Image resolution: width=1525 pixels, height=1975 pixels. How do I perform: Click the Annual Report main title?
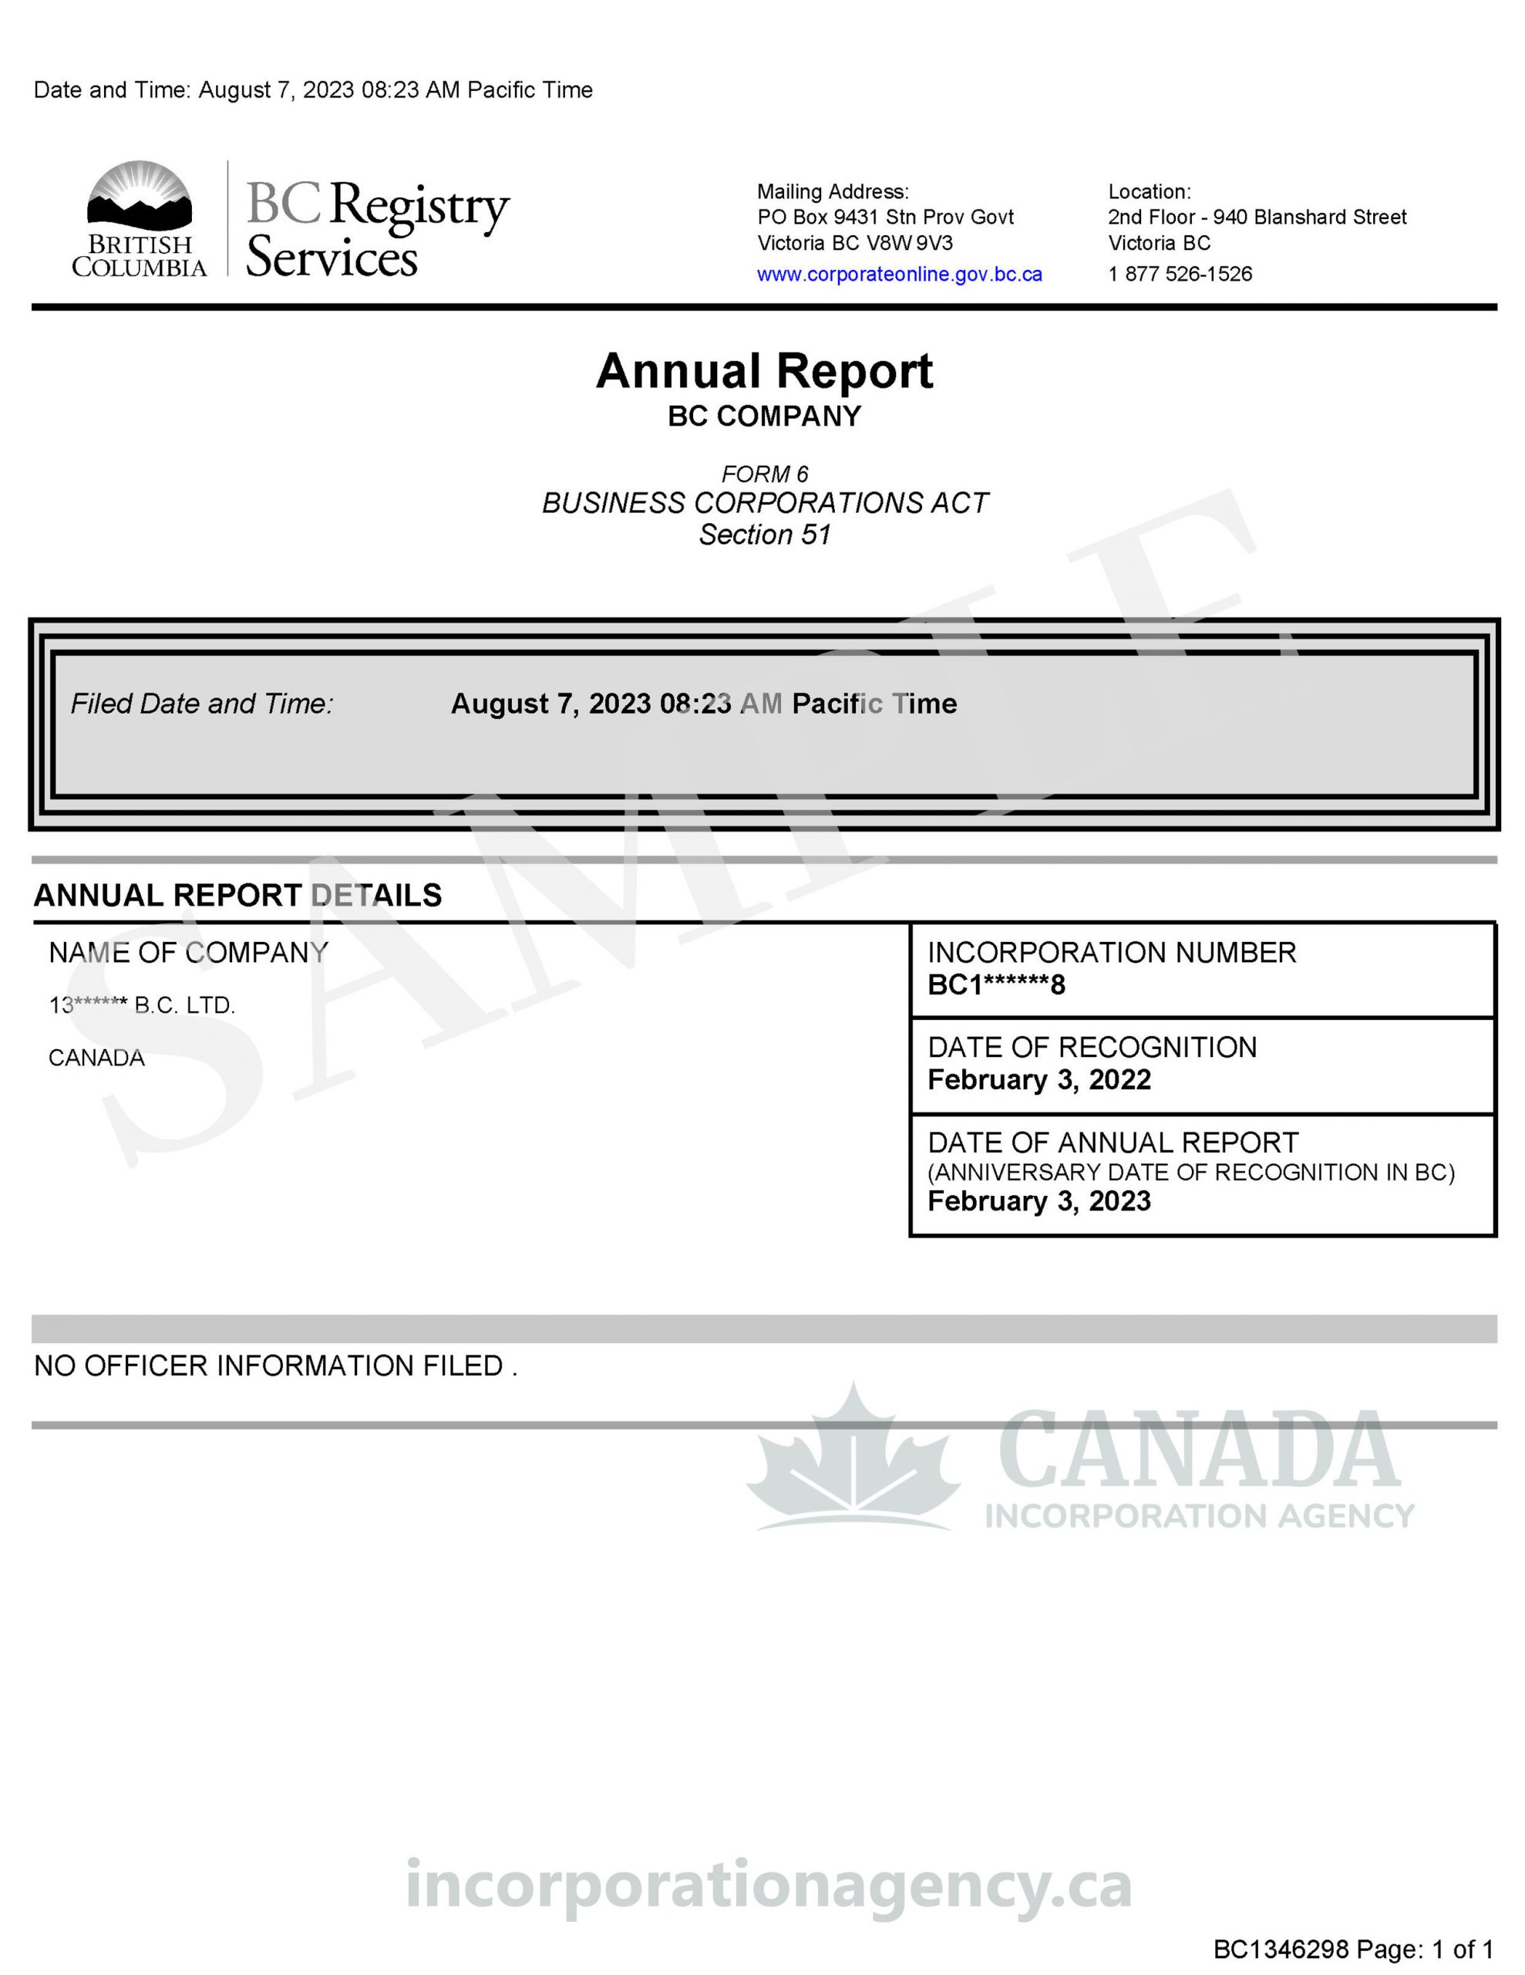click(764, 371)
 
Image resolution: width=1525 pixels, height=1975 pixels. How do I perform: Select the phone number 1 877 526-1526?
click(1180, 274)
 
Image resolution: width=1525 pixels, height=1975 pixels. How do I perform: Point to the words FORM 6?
click(764, 474)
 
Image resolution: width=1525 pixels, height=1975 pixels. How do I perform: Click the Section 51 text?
click(764, 535)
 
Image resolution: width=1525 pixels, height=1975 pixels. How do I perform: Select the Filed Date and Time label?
click(201, 704)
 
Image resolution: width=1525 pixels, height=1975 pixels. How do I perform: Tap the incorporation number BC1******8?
click(996, 984)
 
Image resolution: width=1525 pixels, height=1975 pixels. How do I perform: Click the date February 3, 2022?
click(1039, 1080)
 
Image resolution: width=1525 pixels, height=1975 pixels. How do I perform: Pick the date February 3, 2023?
click(1039, 1201)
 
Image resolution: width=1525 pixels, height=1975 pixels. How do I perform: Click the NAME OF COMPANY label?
click(188, 952)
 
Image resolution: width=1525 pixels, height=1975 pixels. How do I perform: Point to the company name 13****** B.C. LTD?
click(142, 1005)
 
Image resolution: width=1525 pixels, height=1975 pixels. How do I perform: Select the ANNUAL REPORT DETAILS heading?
click(237, 895)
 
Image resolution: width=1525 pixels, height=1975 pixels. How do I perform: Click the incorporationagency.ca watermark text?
click(769, 1886)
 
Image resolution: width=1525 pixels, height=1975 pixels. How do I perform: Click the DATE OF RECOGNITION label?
click(1092, 1047)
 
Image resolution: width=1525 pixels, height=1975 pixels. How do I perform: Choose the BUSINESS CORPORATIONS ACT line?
click(764, 503)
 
